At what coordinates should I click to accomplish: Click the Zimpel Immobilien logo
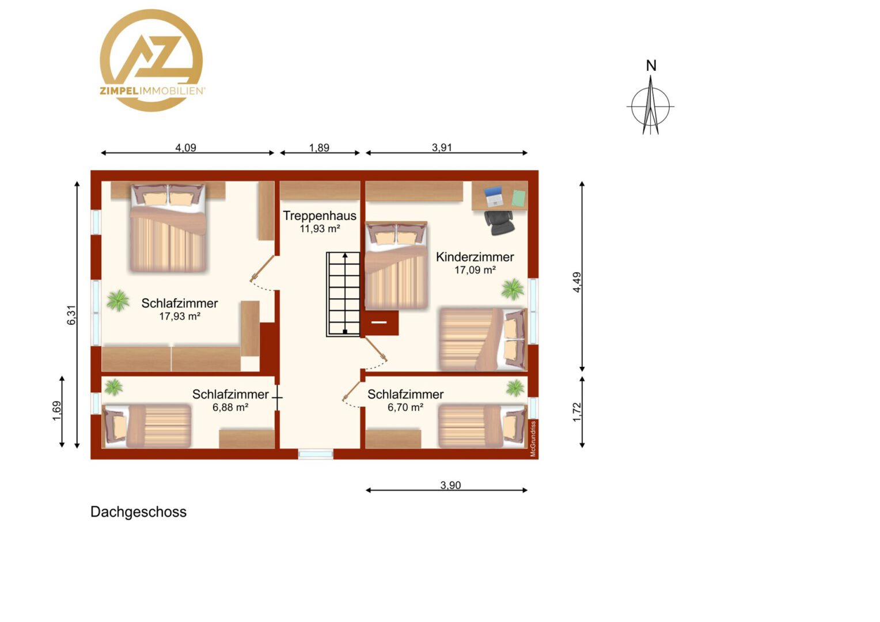151,60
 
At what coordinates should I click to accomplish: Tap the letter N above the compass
651,66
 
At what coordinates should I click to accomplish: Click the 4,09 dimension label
185,148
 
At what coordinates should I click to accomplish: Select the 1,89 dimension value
319,148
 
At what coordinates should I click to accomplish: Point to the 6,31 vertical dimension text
71,315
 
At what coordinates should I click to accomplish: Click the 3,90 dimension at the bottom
450,486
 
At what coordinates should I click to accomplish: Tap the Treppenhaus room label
320,216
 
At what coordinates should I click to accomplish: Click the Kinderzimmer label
475,257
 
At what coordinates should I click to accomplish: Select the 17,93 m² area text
180,316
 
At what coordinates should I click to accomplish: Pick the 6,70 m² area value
405,407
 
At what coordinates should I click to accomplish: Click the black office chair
499,222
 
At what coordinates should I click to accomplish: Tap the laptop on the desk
494,196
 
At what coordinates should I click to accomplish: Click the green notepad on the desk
519,199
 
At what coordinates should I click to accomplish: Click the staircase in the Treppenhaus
343,294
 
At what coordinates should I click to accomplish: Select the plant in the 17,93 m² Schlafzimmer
118,301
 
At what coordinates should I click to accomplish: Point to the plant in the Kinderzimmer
513,289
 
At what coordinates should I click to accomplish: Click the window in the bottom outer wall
316,454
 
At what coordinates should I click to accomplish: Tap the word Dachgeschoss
139,512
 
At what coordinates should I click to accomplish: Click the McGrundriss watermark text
533,438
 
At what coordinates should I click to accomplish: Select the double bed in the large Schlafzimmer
168,228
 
